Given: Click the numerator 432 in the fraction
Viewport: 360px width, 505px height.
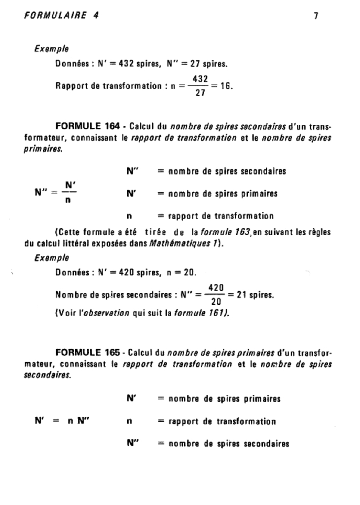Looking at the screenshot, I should coord(200,79).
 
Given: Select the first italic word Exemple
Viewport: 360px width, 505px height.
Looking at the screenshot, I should coord(51,49).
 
